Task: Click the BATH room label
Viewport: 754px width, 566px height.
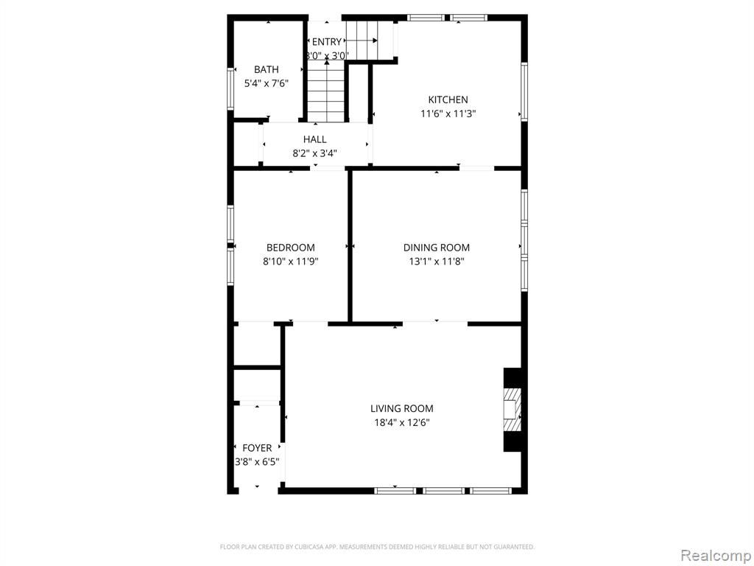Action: [267, 69]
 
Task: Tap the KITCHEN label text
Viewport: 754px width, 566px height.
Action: [448, 99]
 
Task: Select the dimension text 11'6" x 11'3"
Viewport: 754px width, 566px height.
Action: [448, 114]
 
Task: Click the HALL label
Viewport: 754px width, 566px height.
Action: [315, 139]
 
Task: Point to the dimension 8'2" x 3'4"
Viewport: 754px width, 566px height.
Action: [315, 153]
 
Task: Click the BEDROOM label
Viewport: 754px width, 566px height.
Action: [291, 248]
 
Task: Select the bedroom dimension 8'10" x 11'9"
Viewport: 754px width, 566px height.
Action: [291, 262]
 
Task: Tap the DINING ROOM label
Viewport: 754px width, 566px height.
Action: [437, 248]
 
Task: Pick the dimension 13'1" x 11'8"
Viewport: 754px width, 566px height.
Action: [437, 262]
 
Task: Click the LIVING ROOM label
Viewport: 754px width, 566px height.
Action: [402, 408]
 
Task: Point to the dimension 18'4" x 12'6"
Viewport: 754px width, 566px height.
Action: [402, 423]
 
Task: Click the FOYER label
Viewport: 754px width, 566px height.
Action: [257, 448]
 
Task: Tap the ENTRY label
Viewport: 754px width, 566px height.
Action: [327, 42]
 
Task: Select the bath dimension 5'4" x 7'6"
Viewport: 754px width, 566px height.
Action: [267, 84]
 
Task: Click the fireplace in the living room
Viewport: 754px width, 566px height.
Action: [512, 410]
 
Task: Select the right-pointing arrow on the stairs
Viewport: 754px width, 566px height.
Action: [362, 41]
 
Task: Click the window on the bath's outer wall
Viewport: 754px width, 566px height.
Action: [230, 88]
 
